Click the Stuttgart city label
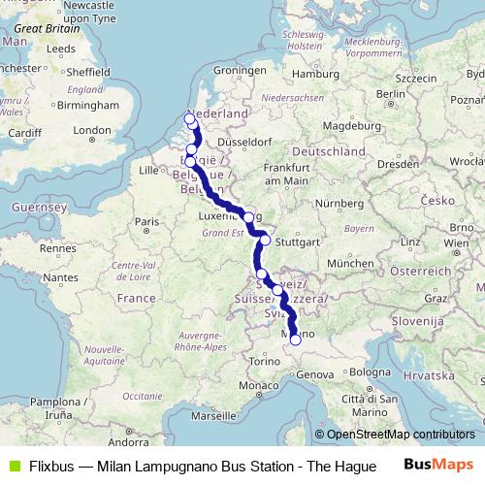291,242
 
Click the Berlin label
390,94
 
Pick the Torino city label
265,360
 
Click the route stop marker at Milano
295,339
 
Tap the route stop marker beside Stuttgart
265,240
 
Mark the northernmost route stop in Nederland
190,119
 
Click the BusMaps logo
436,466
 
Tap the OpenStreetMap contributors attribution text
400,435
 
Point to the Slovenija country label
417,319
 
